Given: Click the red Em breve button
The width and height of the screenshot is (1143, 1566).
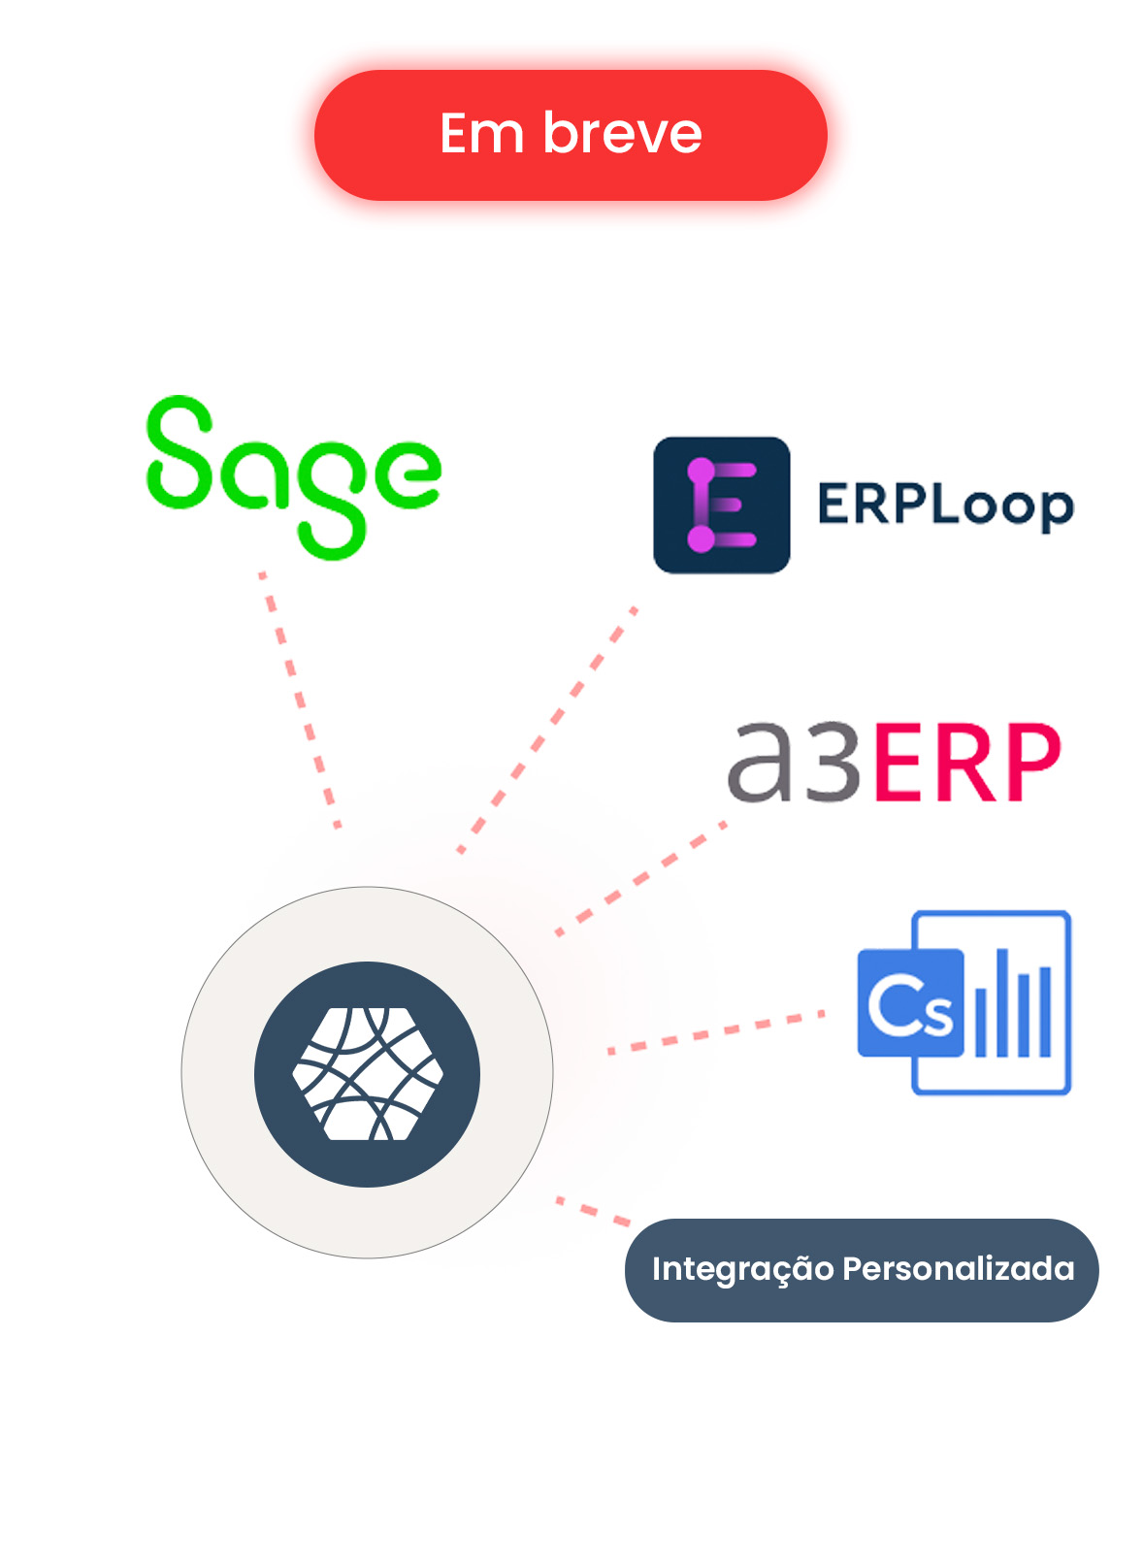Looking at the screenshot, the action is [571, 135].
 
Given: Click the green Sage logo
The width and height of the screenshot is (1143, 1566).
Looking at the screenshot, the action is [293, 476].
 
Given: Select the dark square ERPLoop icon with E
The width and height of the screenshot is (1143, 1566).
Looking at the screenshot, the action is [721, 505].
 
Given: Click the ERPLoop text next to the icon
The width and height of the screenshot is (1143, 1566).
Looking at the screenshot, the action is [945, 506].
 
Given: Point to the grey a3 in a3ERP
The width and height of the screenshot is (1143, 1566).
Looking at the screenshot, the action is [793, 763].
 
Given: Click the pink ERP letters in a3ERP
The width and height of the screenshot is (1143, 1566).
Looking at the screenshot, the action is [964, 763].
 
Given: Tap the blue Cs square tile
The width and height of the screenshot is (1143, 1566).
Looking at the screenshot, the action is [909, 1002].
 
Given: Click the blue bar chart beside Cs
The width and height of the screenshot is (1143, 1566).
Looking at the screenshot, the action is [1013, 1004].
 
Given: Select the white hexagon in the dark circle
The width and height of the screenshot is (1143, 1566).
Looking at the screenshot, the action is [368, 1073].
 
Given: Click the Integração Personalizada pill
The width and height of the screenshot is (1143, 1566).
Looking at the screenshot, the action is [861, 1269].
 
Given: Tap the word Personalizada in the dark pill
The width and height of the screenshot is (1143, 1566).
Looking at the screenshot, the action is [958, 1269].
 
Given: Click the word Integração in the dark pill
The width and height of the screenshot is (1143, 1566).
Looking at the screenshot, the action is [742, 1269].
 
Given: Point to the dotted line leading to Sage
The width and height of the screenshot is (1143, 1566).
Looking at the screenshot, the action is [299, 699].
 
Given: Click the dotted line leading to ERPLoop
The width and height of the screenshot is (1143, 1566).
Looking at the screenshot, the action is [546, 731].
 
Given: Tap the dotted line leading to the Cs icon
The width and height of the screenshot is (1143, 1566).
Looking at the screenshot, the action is [715, 1031].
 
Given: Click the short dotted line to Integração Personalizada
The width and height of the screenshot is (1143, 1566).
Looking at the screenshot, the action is [593, 1211].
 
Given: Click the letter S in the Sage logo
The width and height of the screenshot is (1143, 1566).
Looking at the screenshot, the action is [180, 453].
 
